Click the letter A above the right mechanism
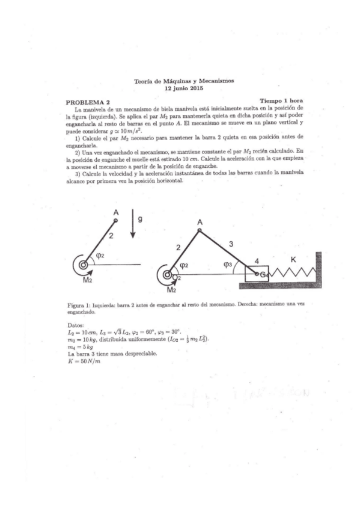(x=200, y=223)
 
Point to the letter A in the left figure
(x=115, y=212)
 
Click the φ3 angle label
(x=227, y=263)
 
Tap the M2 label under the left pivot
(x=88, y=280)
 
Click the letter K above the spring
(x=293, y=259)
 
